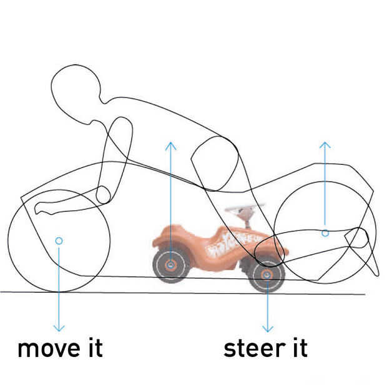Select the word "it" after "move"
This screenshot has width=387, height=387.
94,347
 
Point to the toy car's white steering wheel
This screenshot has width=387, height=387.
244,208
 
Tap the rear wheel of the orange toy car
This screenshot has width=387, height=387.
170,265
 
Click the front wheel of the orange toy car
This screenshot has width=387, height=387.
267,275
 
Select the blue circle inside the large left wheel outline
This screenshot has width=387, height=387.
59,240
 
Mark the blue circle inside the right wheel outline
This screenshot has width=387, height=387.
325,233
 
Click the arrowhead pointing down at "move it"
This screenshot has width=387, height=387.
59,327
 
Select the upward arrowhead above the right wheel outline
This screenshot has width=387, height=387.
325,146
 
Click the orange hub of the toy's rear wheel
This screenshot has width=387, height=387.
170,265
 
